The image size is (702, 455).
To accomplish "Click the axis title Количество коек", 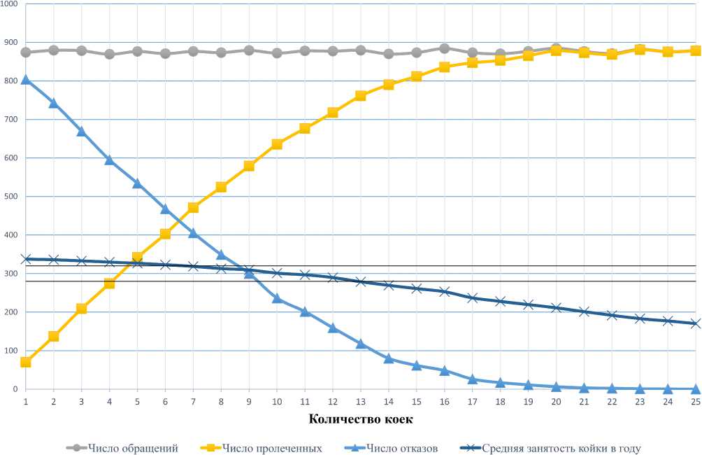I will click(x=359, y=419).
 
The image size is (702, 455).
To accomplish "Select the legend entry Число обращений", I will click(x=129, y=448).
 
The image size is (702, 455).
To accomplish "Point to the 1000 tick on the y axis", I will click(x=10, y=4).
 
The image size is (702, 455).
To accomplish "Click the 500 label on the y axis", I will click(x=10, y=197).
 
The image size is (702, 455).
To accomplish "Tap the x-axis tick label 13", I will click(x=361, y=401).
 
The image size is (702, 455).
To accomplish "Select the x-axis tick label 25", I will click(x=696, y=401).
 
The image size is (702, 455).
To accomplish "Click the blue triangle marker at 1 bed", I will click(x=26, y=80).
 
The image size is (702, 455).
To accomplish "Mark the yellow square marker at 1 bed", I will click(x=26, y=363).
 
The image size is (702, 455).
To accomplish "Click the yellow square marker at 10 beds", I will click(x=277, y=144).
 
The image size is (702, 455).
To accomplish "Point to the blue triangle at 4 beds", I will click(x=109, y=160).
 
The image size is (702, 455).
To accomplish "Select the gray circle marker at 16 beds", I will click(x=444, y=48).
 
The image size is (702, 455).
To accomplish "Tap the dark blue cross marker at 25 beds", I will click(x=696, y=323).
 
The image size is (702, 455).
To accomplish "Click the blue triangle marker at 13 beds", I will click(x=361, y=344).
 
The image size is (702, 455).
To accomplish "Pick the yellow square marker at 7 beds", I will click(x=193, y=207).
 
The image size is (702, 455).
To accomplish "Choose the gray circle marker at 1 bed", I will click(x=26, y=52).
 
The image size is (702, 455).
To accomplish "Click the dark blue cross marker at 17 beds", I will click(x=473, y=298).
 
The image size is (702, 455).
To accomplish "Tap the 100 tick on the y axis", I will click(x=10, y=351).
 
